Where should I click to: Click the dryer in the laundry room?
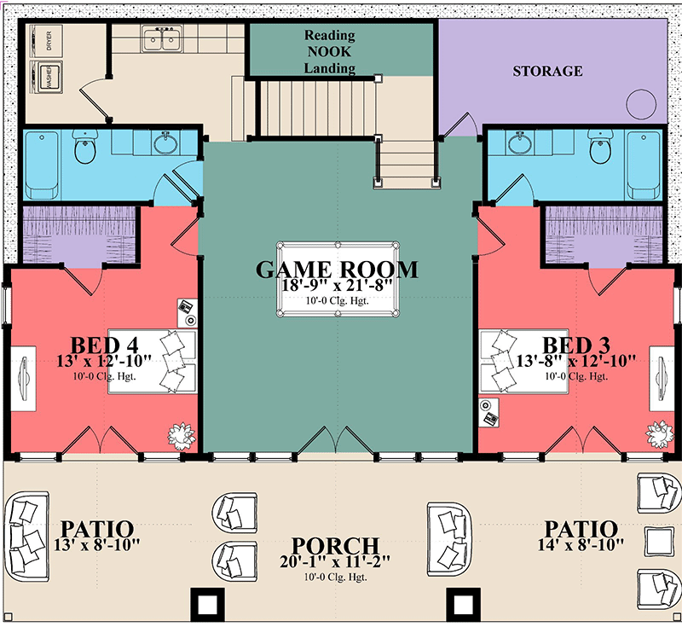[x=47, y=40]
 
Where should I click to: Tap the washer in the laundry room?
[x=47, y=77]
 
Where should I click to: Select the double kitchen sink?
[x=162, y=38]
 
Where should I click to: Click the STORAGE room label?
[x=547, y=71]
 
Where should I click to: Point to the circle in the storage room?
[x=641, y=104]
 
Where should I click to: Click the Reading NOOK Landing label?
[x=330, y=51]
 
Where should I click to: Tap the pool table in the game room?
[x=338, y=279]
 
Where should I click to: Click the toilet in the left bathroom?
[x=84, y=146]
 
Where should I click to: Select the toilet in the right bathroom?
[x=601, y=146]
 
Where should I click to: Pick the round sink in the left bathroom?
[x=165, y=142]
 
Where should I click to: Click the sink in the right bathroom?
[x=520, y=142]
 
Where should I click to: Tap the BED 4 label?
[x=104, y=345]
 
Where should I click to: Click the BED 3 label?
[x=576, y=345]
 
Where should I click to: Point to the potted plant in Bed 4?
[x=182, y=436]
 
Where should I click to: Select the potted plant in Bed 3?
[x=659, y=434]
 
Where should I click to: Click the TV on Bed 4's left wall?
[x=24, y=378]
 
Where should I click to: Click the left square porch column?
[x=208, y=604]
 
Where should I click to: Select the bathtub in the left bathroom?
[x=41, y=165]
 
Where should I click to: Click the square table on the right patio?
[x=659, y=541]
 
